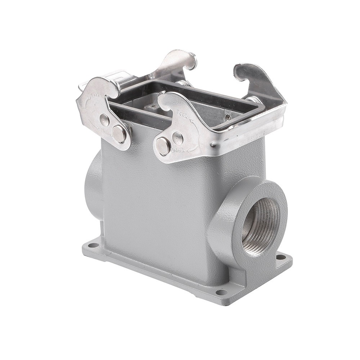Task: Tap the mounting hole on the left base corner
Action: [x=93, y=246]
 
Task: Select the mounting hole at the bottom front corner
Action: [x=222, y=292]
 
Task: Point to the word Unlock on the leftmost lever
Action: [x=107, y=132]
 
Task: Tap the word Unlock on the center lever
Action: [x=177, y=150]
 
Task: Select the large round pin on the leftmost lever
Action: [x=119, y=133]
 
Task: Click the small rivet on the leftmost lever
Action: [x=104, y=120]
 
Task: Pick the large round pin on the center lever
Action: [x=163, y=146]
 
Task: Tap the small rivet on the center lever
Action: [x=177, y=138]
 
